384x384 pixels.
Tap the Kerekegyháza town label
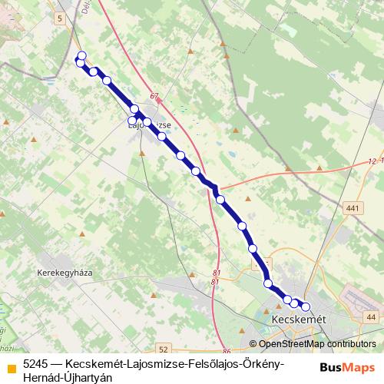pyautogui.click(x=64, y=273)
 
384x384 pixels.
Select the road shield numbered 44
pyautogui.click(x=371, y=316)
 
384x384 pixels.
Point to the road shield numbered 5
pyautogui.click(x=59, y=16)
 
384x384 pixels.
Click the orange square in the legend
pyautogui.click(x=11, y=368)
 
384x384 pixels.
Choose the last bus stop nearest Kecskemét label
pyautogui.click(x=305, y=306)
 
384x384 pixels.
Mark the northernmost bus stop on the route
pyautogui.click(x=81, y=55)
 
